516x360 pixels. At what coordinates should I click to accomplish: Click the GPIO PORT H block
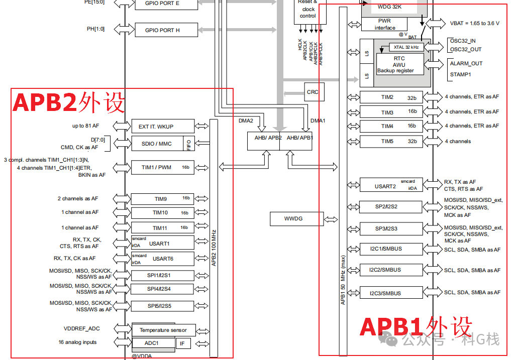click(x=162, y=30)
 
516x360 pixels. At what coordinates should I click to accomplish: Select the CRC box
click(x=313, y=92)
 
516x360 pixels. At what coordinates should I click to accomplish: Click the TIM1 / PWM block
click(x=162, y=167)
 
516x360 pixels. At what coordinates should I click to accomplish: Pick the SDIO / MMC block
click(x=157, y=144)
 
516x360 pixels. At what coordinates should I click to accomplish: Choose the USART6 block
click(x=162, y=259)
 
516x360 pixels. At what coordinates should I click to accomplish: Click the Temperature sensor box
click(x=163, y=330)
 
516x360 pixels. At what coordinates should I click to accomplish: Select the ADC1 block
click(x=153, y=343)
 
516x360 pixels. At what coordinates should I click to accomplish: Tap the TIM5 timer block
click(x=395, y=142)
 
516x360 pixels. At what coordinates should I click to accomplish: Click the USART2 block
click(x=395, y=186)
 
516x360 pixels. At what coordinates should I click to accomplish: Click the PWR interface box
click(x=385, y=25)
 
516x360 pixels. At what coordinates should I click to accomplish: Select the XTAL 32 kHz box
click(x=406, y=47)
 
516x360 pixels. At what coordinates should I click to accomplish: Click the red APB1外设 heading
click(x=416, y=327)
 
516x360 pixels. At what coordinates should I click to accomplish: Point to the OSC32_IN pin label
click(x=466, y=41)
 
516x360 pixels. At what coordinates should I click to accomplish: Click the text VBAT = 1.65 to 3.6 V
click(x=474, y=24)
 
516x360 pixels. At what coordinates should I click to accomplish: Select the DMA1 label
click(x=318, y=121)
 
